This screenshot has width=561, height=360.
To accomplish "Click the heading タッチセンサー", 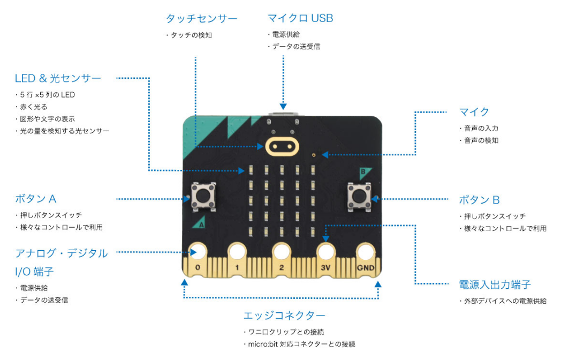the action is [x=201, y=19].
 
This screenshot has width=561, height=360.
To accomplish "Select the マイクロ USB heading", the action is [x=300, y=18].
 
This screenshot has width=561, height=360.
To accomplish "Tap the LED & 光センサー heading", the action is [x=58, y=78].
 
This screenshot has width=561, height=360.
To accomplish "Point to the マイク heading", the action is [x=474, y=112].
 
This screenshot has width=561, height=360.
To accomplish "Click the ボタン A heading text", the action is [x=36, y=199].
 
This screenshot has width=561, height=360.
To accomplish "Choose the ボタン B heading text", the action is [x=480, y=200].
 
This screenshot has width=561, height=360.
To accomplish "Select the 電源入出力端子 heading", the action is [x=495, y=285].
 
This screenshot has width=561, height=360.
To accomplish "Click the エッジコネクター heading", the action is [x=284, y=316].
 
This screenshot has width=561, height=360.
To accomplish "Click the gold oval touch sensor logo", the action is [x=282, y=146].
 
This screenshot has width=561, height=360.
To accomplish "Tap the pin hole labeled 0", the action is [x=198, y=252].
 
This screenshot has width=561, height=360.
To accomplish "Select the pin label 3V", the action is [x=325, y=267].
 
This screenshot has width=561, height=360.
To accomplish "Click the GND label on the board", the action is [x=366, y=267].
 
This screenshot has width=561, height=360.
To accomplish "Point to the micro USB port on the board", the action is [x=283, y=115].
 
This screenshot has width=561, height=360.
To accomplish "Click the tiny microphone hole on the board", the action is [x=314, y=155].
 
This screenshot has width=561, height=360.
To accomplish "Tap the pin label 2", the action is [x=282, y=267].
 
